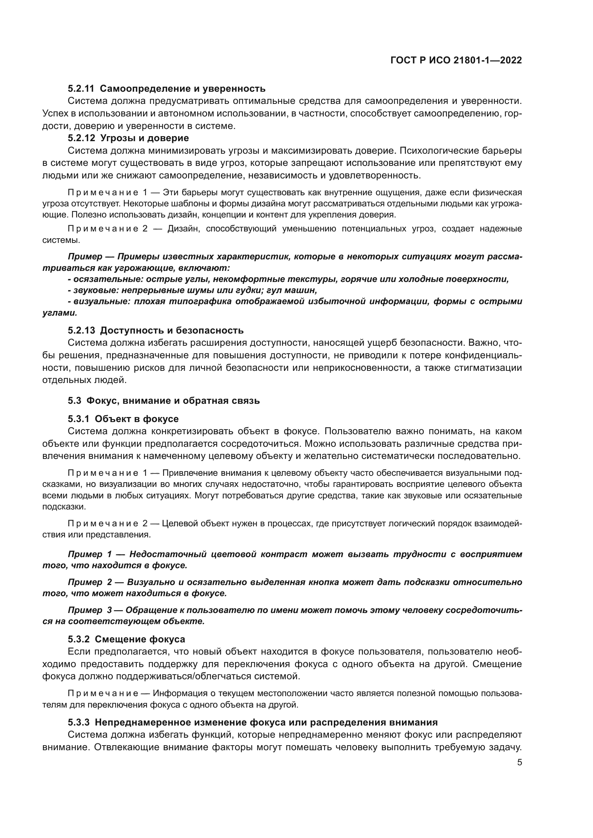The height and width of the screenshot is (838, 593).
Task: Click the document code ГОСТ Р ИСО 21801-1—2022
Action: (456, 60)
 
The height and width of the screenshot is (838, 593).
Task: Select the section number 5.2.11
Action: (81, 89)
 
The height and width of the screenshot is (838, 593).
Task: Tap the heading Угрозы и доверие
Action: (144, 138)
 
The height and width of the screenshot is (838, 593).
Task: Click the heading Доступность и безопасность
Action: (172, 330)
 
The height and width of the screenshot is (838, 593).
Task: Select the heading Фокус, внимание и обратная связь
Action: (173, 401)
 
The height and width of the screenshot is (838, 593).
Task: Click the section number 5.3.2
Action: (79, 639)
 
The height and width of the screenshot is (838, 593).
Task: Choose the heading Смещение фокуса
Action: (140, 639)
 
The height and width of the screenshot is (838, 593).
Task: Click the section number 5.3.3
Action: (79, 722)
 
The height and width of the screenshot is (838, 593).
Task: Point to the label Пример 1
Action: (90, 554)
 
